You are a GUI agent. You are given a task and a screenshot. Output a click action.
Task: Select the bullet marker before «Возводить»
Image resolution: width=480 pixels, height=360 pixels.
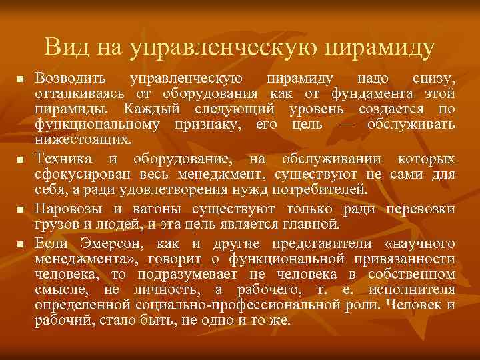21,79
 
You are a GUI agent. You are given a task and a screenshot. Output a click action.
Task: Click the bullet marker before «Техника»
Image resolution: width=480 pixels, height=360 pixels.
21,161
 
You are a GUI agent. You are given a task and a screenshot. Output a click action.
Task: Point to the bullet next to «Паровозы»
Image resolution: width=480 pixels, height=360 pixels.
21,209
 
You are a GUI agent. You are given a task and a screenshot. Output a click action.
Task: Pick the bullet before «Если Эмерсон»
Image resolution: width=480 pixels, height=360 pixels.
21,242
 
